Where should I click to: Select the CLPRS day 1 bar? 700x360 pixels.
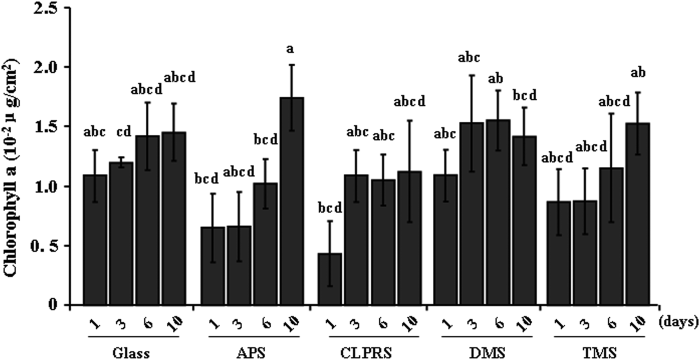(330, 280)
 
